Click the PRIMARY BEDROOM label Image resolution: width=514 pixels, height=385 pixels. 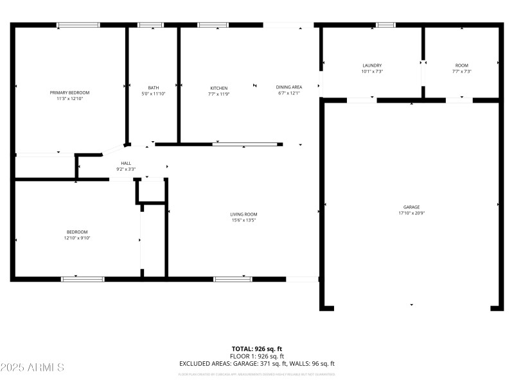pyautogui.click(x=69, y=92)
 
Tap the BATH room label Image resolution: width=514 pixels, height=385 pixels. pyautogui.click(x=154, y=88)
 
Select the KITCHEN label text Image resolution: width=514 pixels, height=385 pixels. pyautogui.click(x=218, y=88)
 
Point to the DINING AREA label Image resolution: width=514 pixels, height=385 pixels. pyautogui.click(x=289, y=87)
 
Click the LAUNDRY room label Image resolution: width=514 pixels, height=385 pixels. pyautogui.click(x=372, y=65)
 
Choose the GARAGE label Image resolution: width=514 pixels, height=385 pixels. pyautogui.click(x=411, y=207)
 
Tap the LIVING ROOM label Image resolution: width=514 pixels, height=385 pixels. pyautogui.click(x=244, y=214)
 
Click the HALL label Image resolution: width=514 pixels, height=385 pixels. pyautogui.click(x=126, y=163)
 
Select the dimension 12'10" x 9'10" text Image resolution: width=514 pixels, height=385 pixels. pyautogui.click(x=77, y=238)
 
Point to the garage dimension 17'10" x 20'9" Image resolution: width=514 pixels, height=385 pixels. pyautogui.click(x=411, y=212)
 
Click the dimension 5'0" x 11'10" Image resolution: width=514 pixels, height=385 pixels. pyautogui.click(x=154, y=94)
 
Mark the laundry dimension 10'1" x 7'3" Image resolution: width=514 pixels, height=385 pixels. pyautogui.click(x=372, y=71)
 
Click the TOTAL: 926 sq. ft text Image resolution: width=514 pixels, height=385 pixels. pyautogui.click(x=257, y=348)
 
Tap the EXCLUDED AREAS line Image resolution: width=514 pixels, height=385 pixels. pyautogui.click(x=257, y=364)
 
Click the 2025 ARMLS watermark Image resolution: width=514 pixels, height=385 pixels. pyautogui.click(x=32, y=368)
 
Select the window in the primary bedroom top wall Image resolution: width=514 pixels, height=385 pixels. pyautogui.click(x=78, y=25)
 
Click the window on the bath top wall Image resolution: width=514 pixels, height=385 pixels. pyautogui.click(x=151, y=25)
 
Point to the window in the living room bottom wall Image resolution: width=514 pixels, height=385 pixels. pyautogui.click(x=233, y=279)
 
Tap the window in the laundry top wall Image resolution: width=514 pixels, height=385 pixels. pyautogui.click(x=385, y=25)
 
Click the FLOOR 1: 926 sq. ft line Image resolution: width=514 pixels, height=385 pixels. pyautogui.click(x=257, y=356)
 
